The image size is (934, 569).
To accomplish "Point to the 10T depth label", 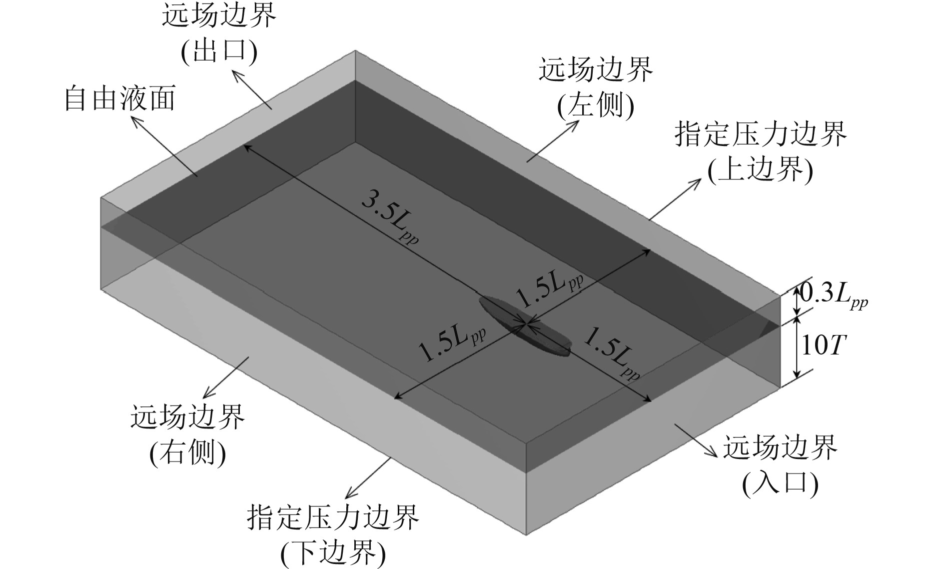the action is pos(823,345).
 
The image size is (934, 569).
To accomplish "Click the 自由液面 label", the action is pos(120,99).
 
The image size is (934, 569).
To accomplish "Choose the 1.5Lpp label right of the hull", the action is pos(613,353).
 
